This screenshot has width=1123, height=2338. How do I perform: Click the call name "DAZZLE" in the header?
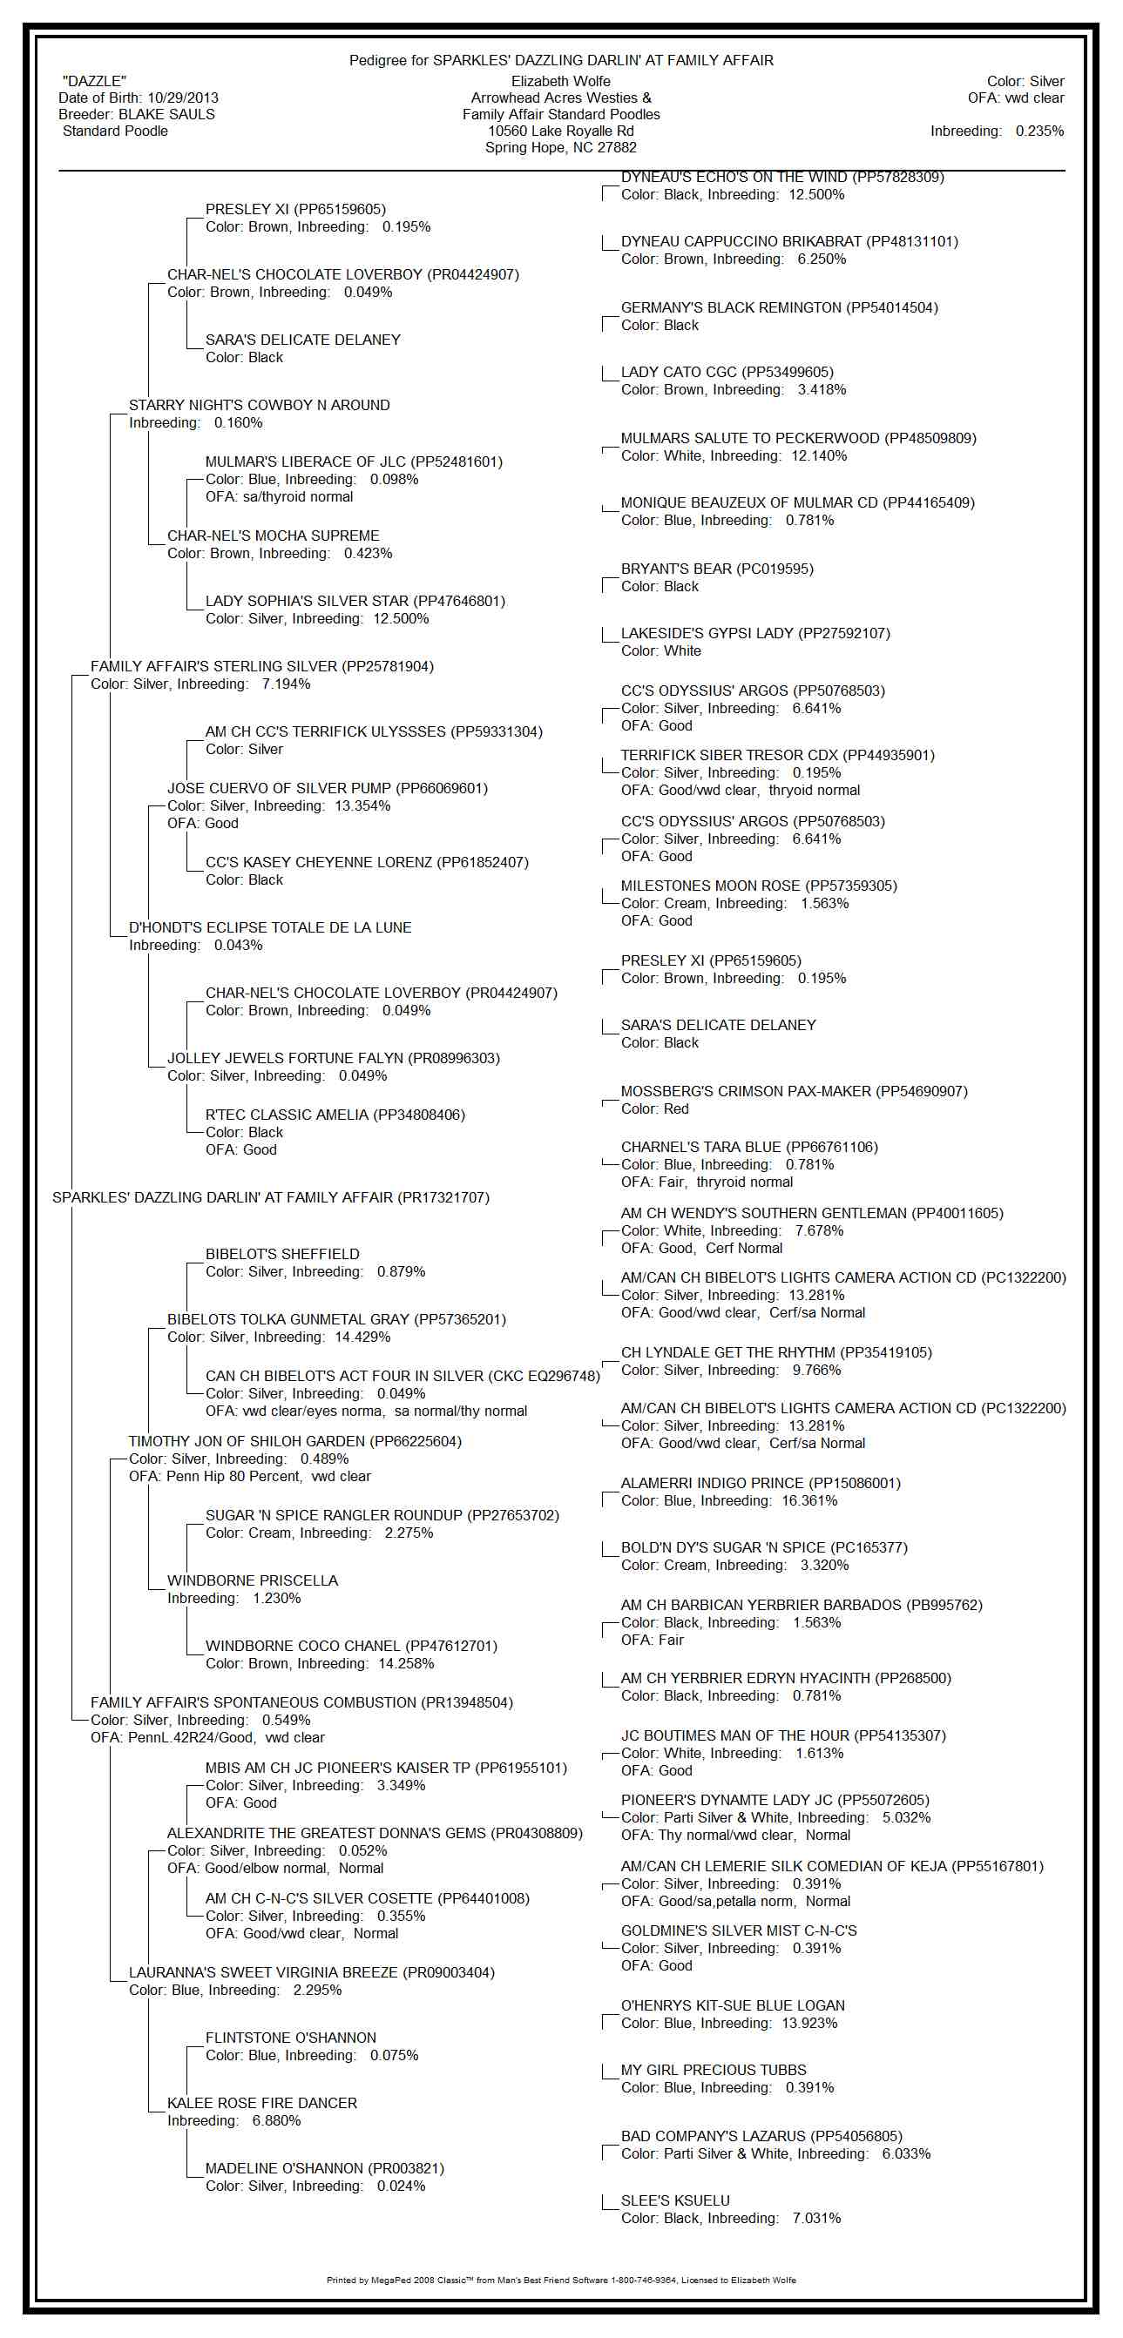(x=94, y=82)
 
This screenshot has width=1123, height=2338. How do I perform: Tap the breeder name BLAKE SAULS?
(x=166, y=114)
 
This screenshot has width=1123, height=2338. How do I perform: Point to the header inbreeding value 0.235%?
(x=1039, y=131)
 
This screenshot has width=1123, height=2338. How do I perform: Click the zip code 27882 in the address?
(x=617, y=148)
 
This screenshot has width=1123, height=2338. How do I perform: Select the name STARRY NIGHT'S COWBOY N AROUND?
(x=259, y=406)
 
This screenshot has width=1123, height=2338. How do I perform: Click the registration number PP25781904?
(x=388, y=667)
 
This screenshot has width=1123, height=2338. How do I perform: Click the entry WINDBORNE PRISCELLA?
(x=253, y=1581)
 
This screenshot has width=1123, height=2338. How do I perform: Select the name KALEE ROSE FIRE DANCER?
(x=261, y=2104)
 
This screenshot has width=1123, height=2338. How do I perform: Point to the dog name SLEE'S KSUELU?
(x=674, y=2201)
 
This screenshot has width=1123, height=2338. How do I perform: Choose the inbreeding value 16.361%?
(x=808, y=1501)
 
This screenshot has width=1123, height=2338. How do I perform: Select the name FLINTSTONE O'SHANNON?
(x=290, y=2038)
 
